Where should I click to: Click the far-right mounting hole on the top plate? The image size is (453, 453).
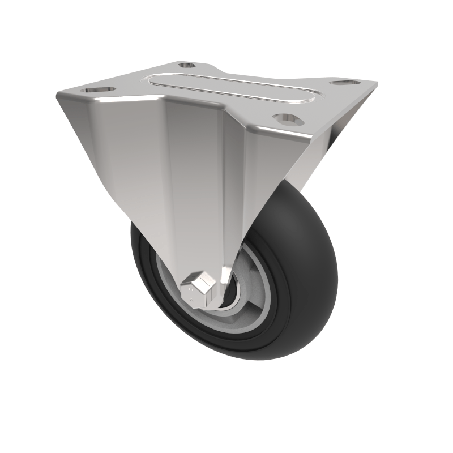tap(341, 83)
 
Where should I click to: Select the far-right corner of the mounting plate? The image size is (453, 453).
tap(376, 84)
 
